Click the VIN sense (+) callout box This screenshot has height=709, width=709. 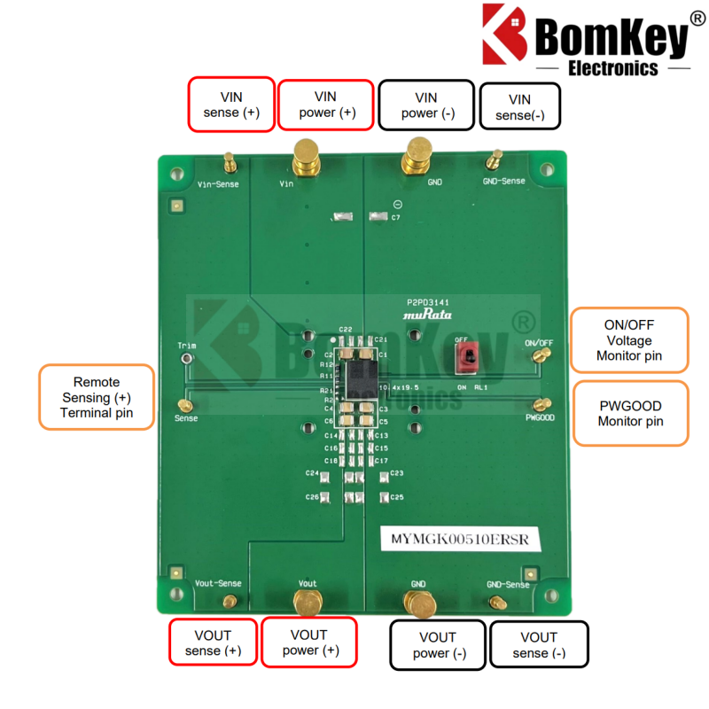click(230, 104)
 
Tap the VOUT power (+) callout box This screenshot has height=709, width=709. click(308, 643)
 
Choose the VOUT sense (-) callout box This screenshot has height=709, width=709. click(539, 644)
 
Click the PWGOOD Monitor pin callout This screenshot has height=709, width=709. click(630, 413)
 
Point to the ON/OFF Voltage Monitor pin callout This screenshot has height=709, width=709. click(629, 340)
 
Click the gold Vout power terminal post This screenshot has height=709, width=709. click(308, 602)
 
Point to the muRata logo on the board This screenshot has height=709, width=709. click(427, 315)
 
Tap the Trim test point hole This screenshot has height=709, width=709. click(186, 358)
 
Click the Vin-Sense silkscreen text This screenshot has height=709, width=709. click(218, 184)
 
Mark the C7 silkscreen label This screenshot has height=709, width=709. click(395, 217)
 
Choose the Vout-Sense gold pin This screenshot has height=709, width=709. click(230, 602)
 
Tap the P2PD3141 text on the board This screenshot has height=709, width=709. click(429, 302)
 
